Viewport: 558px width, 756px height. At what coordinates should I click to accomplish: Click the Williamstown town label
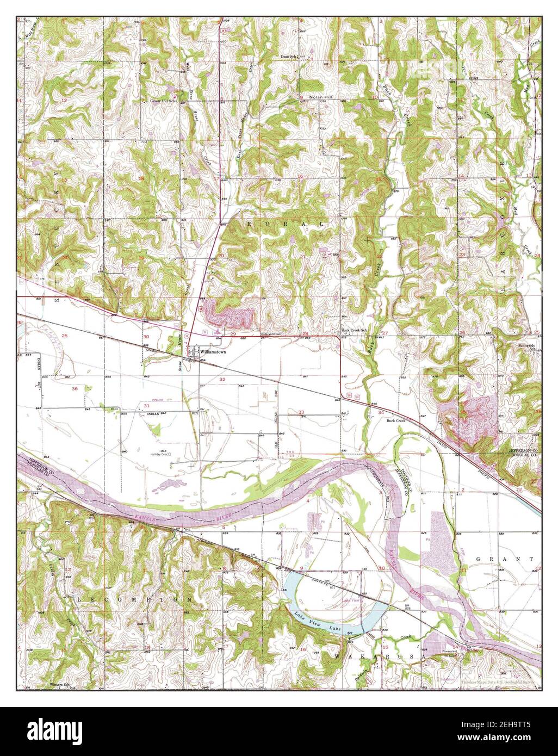214,351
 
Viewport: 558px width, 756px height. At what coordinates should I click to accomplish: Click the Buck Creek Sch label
354,330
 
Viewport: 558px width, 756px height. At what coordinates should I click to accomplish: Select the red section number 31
146,406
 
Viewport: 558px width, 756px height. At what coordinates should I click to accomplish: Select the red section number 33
301,412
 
